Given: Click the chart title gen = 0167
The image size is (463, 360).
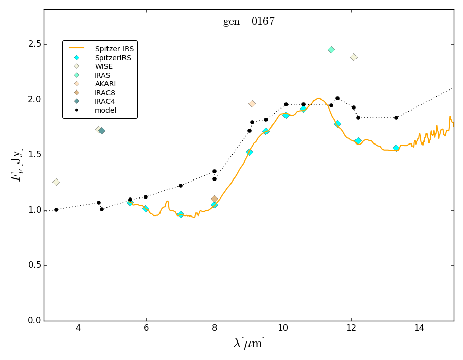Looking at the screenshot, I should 248,22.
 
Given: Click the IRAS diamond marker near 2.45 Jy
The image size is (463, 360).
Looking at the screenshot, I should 331,50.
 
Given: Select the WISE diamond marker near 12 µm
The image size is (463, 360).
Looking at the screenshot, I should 354,57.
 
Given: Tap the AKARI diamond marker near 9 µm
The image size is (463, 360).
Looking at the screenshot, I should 252,104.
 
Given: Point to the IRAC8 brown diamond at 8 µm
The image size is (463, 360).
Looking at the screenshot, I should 215,199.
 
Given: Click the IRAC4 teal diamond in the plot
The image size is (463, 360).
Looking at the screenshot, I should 102,131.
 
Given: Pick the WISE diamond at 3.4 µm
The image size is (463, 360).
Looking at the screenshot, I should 56,182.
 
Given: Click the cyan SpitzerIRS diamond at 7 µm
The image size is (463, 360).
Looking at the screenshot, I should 180,214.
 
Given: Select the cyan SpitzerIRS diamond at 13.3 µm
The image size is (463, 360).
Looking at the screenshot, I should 396,148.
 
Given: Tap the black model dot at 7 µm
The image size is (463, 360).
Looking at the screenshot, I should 180,186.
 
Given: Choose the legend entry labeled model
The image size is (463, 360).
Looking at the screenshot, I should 105,110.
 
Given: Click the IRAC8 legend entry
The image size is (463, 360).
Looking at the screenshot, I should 105,93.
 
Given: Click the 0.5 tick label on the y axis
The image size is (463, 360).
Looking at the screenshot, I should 34,266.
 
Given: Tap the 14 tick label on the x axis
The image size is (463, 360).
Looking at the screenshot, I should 419,328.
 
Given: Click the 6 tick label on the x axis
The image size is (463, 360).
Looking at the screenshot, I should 146,328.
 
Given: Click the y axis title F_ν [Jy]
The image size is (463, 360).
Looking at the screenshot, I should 16,165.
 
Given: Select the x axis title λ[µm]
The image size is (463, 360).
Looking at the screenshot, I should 249,344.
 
